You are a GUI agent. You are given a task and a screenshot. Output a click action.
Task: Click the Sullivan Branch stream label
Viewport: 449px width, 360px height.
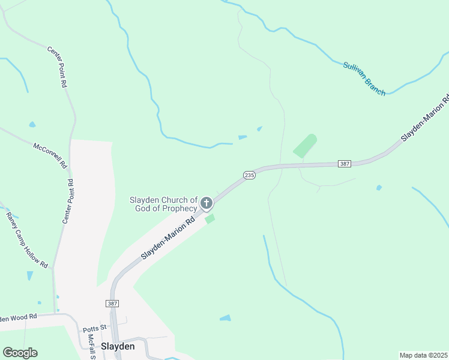pyautogui.click(x=364, y=79)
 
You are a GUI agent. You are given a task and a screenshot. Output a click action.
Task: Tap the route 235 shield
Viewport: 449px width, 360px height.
pyautogui.click(x=250, y=175)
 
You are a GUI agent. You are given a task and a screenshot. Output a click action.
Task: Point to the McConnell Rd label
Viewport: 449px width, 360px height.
pyautogui.click(x=50, y=155)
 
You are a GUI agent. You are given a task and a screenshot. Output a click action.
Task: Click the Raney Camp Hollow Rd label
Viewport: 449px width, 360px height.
pyautogui.click(x=26, y=239)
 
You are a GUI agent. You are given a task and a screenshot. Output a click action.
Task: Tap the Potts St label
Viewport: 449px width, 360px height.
pyautogui.click(x=94, y=328)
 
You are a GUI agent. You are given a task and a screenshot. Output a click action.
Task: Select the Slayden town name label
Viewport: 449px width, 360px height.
pyautogui.click(x=118, y=346)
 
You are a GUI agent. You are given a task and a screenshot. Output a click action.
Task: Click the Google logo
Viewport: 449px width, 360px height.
pyautogui.click(x=20, y=352)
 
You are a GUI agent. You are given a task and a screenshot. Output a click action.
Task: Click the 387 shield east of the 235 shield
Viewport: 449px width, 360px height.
pyautogui.click(x=345, y=163)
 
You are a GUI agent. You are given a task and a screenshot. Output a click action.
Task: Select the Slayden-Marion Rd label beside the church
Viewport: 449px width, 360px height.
pyautogui.click(x=169, y=238)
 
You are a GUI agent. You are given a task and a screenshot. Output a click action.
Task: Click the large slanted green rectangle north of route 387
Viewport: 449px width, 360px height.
pyautogui.click(x=305, y=146)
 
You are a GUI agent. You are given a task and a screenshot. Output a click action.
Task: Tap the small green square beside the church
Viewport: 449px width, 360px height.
pyautogui.click(x=209, y=219)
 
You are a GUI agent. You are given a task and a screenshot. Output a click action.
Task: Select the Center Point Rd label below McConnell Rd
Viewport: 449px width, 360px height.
pyautogui.click(x=68, y=201)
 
